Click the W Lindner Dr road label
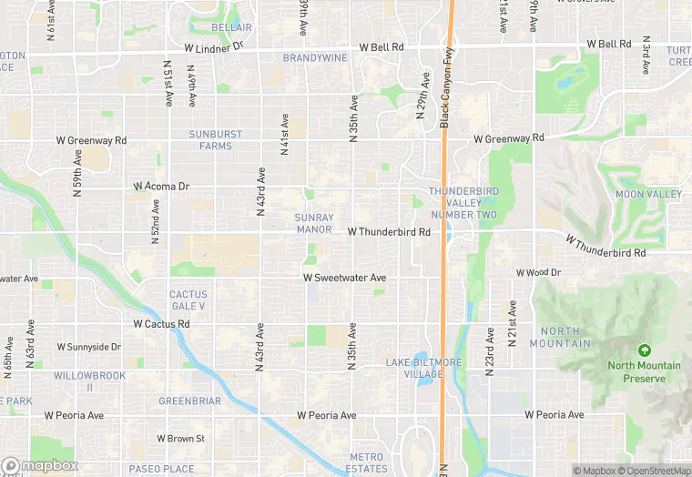coord(214,46)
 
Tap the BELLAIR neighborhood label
coord(231,28)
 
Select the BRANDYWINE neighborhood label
coord(315,57)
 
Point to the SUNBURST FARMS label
coord(216,139)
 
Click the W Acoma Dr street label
coord(161,186)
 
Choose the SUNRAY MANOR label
coord(314,224)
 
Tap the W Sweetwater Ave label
coord(345,278)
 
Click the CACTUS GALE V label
coord(188,300)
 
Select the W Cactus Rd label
coord(161,323)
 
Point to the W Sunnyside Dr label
coord(88,347)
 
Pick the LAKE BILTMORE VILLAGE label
coord(423,368)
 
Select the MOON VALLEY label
coord(648,195)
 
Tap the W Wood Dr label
coord(538,272)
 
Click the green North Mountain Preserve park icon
coord(645,350)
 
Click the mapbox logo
coord(39,465)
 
